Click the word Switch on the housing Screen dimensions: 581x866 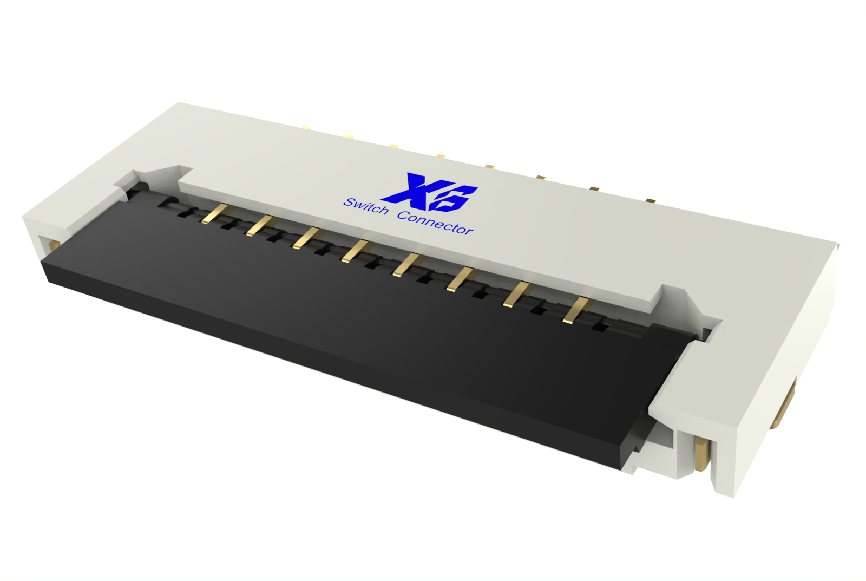366,206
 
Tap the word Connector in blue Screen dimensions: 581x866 435,223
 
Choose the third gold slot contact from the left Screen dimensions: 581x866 306,238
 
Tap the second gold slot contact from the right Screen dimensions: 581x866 516,295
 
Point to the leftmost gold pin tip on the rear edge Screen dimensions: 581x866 306,128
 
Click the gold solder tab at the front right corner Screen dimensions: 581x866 702,455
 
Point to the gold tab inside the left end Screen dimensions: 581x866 54,245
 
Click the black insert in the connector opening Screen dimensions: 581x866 346,314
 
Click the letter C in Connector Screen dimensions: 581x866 403,216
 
